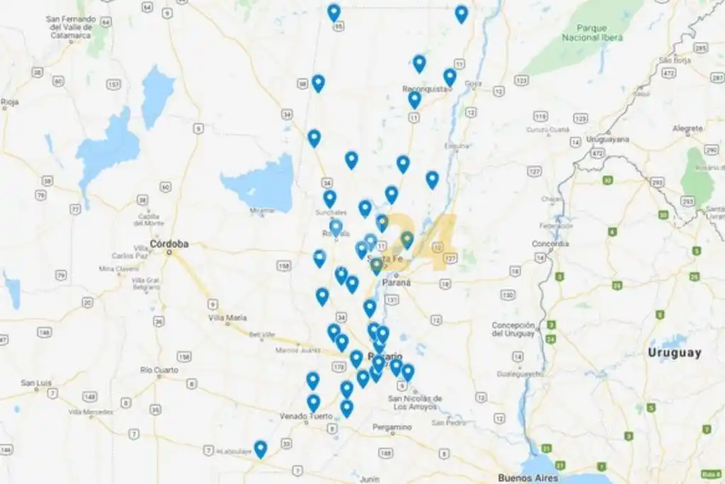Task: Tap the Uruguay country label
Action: click(674, 352)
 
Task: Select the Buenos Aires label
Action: click(527, 478)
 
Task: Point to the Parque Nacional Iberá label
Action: click(592, 31)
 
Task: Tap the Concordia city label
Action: click(550, 244)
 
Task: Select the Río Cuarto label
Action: click(159, 370)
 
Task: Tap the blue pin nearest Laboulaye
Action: click(261, 448)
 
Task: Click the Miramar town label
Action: click(262, 210)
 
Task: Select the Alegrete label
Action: click(687, 128)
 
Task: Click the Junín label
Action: click(369, 478)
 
